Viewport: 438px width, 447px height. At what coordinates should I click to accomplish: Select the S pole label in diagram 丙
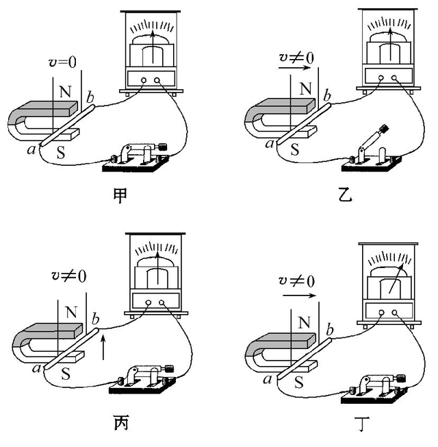pyautogui.click(x=67, y=375)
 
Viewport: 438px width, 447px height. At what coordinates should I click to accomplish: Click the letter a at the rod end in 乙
pyautogui.click(x=271, y=144)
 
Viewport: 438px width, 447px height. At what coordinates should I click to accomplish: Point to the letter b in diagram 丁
pyautogui.click(x=330, y=331)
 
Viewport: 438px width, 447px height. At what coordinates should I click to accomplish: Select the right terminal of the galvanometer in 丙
pyautogui.click(x=162, y=302)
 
